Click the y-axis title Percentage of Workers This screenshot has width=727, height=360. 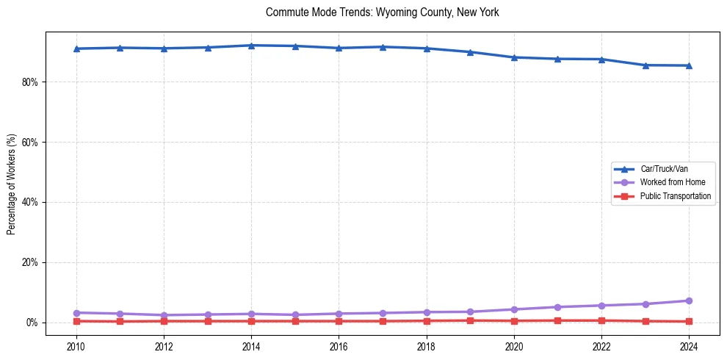[12, 184]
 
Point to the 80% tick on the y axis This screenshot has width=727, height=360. [30, 82]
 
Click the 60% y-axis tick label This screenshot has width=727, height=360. [30, 142]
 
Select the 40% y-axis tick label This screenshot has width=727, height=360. [30, 202]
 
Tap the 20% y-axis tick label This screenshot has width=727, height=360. [30, 262]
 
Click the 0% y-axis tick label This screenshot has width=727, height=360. [32, 323]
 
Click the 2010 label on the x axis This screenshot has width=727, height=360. [76, 345]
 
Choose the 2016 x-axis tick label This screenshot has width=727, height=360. [339, 345]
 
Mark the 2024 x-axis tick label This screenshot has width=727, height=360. [689, 345]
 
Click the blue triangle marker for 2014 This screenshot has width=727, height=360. [251, 46]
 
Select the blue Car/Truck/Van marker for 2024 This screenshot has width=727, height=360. [689, 65]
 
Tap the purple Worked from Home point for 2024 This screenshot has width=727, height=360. [689, 300]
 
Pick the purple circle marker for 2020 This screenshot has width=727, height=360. [514, 309]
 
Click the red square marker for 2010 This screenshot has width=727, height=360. [76, 321]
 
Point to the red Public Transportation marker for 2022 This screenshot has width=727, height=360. [601, 320]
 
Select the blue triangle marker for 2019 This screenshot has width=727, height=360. [470, 52]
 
